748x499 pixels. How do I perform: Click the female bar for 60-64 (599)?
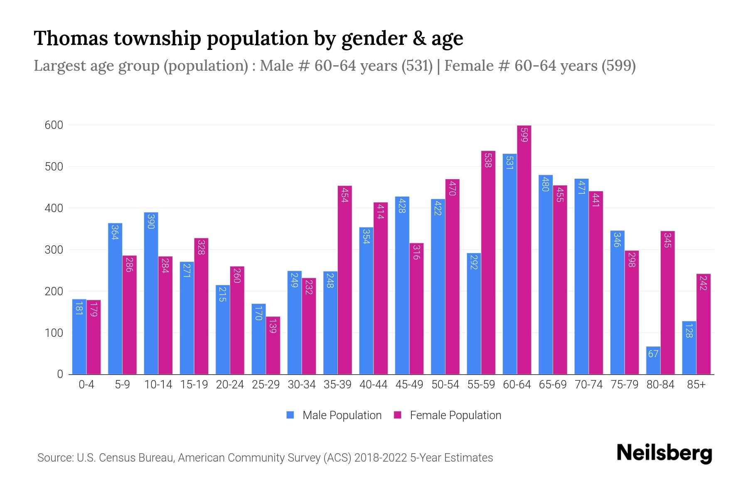point(524,249)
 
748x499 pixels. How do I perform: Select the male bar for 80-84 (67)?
point(653,360)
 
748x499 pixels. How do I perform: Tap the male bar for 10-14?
point(151,293)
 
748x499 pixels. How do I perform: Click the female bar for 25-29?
point(273,345)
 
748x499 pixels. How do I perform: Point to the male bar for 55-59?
point(474,314)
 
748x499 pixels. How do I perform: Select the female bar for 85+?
point(703,324)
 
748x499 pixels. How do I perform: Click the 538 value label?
point(488,160)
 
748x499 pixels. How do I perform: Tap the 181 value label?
point(79,308)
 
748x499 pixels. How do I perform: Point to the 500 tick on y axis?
point(54,167)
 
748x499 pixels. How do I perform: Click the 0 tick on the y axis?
point(60,374)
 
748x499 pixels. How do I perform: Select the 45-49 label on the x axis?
point(409,385)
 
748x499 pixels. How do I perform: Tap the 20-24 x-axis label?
point(230,385)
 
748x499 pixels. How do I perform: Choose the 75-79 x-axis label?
point(624,385)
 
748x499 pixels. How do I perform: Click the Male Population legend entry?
point(342,415)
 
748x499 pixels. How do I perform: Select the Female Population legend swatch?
point(398,415)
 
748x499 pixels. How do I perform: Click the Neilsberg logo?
point(664,454)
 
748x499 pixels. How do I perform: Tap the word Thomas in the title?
point(70,38)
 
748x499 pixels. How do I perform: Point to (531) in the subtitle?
point(417,66)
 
